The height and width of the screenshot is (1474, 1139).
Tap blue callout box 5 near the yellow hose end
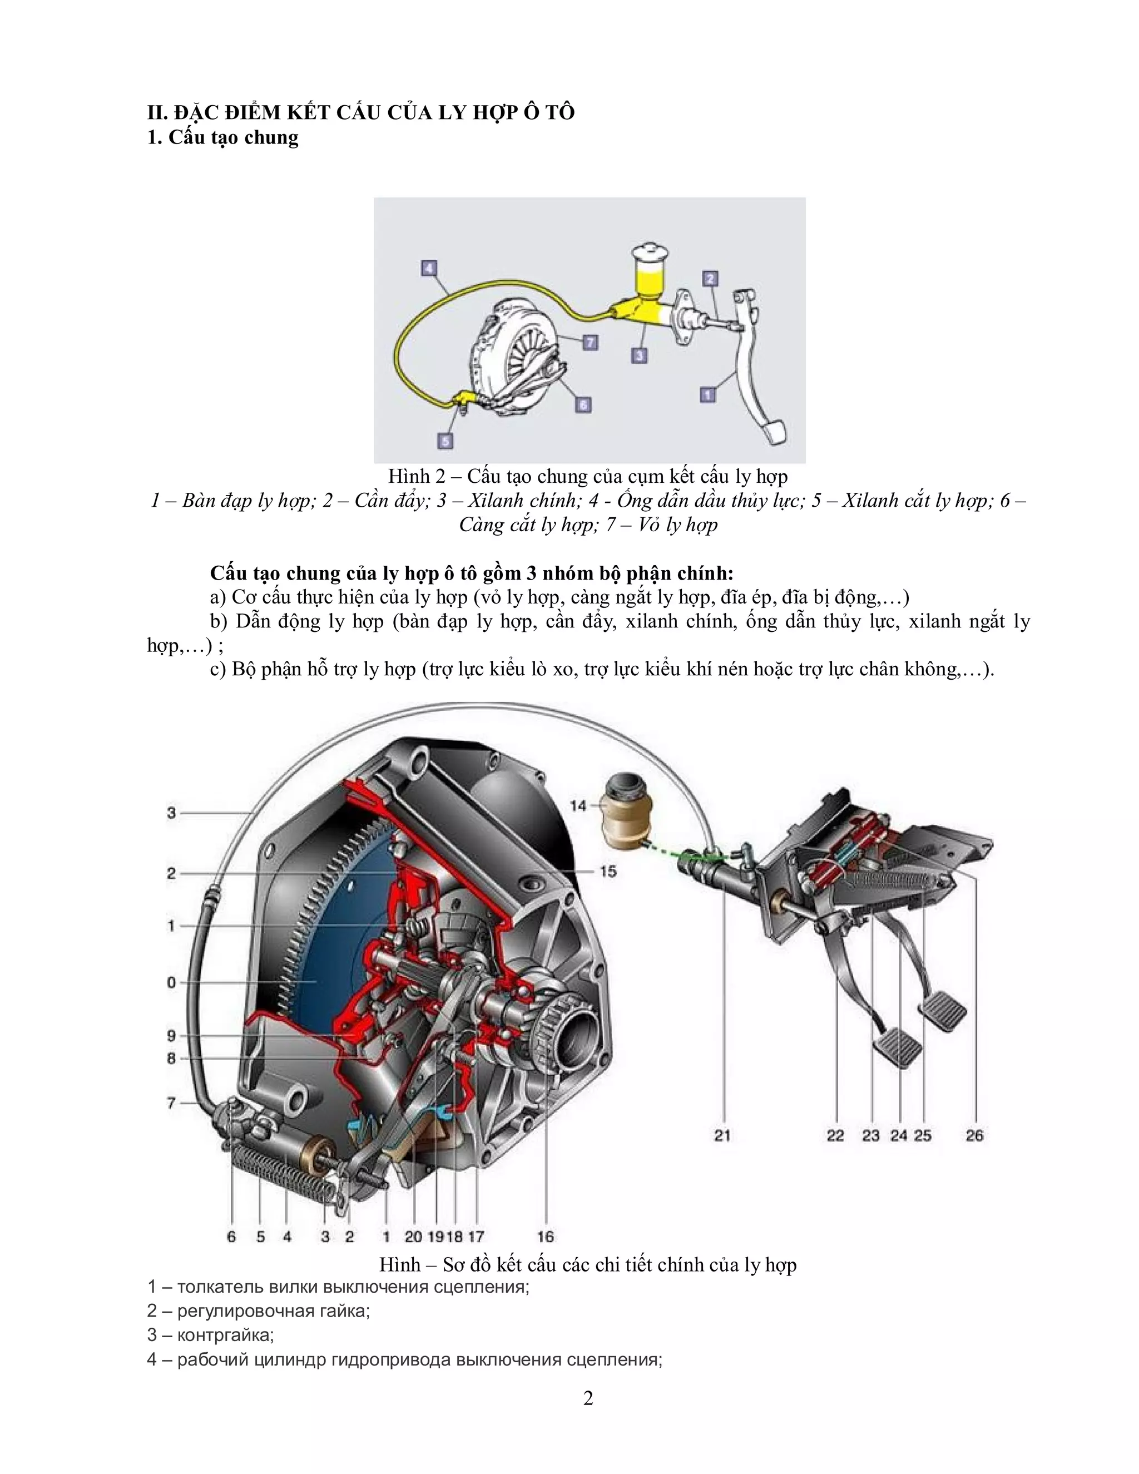coord(445,441)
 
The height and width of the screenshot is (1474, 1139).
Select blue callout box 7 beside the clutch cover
coord(591,343)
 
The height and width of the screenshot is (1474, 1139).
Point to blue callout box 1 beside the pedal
coord(707,393)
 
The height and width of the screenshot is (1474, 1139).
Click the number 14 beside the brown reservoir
coord(578,805)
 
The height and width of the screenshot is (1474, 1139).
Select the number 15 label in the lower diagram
coord(608,871)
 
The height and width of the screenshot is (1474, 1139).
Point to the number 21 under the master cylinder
coord(722,1135)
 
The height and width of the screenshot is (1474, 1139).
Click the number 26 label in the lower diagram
coord(974,1135)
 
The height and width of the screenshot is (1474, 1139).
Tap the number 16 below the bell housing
coord(545,1236)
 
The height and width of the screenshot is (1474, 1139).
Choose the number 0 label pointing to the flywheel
coord(171,983)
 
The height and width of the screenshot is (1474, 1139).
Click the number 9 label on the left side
coord(171,1035)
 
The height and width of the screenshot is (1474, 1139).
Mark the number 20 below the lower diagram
coord(413,1236)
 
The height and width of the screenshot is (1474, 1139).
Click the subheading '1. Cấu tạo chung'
coord(222,138)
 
